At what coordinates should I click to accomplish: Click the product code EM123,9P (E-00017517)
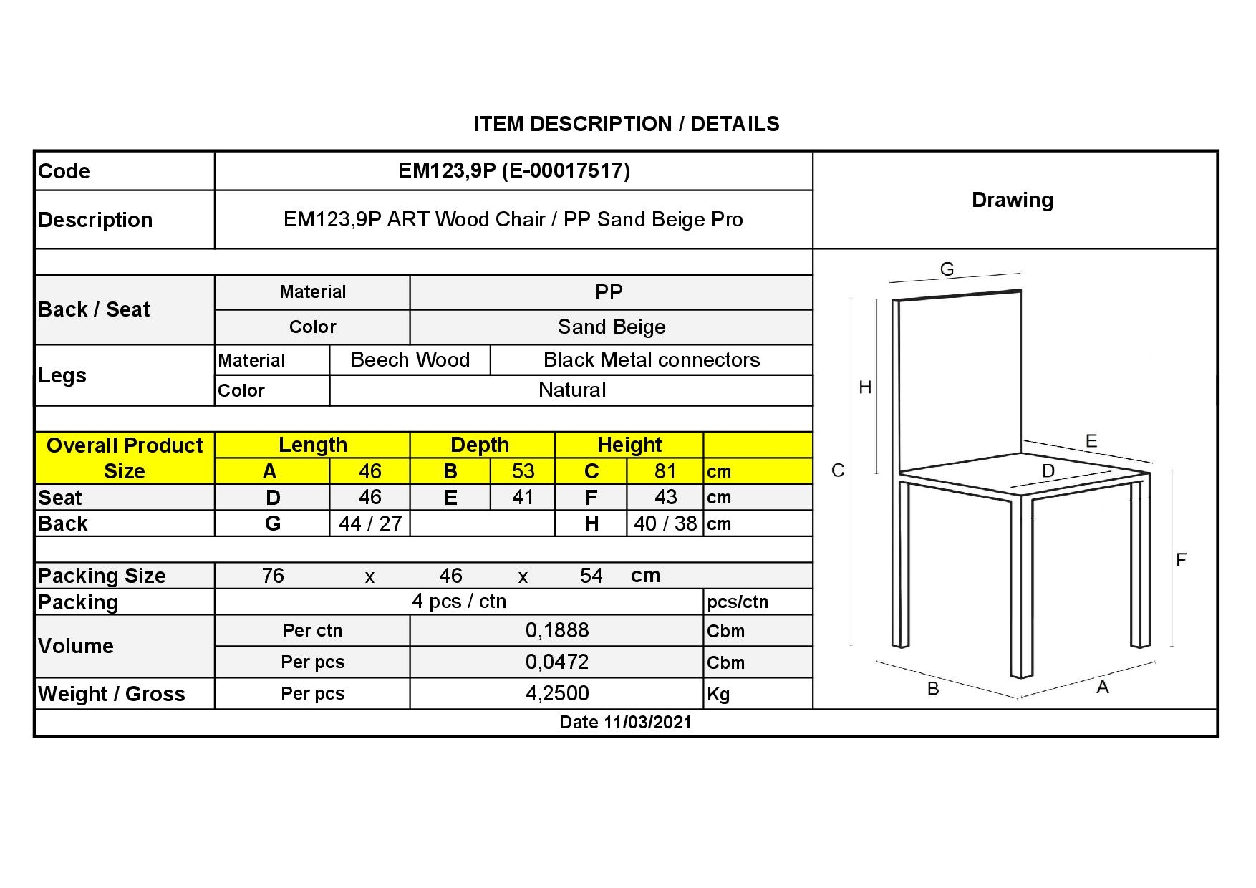coord(513,170)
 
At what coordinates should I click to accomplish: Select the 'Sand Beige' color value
coord(612,327)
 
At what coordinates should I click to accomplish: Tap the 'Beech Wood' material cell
coord(410,359)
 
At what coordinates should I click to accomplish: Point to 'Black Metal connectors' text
coord(651,359)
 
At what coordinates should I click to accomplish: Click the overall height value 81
coord(665,471)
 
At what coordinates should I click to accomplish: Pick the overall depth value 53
coord(523,471)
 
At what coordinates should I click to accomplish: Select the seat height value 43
coord(665,497)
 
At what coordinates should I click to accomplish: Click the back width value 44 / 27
coord(370,523)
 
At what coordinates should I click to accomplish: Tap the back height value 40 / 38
coord(665,523)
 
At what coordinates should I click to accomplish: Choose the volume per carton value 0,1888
coord(557,630)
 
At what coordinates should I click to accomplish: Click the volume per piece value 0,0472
coord(557,662)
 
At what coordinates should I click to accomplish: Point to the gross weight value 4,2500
coord(557,693)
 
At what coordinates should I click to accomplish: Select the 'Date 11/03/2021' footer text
coord(625,722)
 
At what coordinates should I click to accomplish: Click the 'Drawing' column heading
coord(1012,200)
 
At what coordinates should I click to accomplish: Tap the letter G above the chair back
coord(947,269)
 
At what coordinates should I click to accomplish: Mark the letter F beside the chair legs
coord(1181,560)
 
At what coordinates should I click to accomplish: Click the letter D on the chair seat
coord(1048,470)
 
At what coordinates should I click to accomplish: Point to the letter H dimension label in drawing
coord(865,387)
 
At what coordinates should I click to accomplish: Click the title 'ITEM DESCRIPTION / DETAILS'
coord(627,124)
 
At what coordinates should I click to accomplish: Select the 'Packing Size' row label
coord(102,576)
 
